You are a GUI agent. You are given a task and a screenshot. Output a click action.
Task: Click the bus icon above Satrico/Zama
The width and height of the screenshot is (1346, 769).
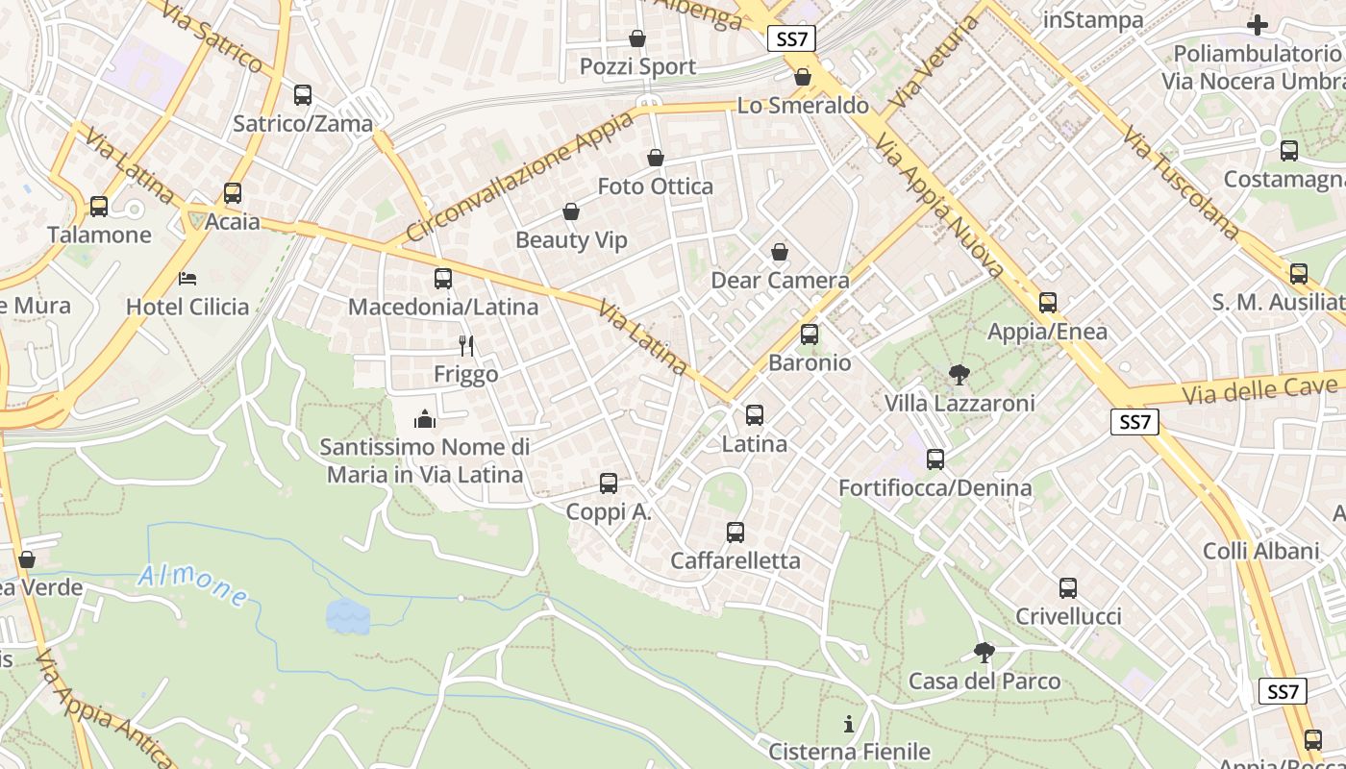tap(303, 95)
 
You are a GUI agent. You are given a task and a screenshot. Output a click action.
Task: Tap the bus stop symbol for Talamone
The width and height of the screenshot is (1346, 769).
tap(98, 207)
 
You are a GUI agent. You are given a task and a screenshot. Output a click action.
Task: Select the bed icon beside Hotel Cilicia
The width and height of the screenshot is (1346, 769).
tap(187, 279)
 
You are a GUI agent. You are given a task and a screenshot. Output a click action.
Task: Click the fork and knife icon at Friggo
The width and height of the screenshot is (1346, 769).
tap(466, 346)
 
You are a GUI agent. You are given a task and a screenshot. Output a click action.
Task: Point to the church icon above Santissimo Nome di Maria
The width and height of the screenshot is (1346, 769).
tap(424, 419)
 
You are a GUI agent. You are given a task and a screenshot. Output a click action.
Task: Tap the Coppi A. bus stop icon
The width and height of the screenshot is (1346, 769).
tap(609, 484)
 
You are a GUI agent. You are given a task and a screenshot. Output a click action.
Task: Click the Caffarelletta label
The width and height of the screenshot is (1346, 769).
tap(735, 560)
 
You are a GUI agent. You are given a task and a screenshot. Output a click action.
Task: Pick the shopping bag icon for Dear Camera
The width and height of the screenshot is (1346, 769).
tap(780, 252)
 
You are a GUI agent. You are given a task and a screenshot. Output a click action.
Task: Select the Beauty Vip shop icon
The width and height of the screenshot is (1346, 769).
tap(571, 211)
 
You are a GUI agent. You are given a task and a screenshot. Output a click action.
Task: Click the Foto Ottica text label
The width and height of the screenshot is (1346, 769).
tap(656, 186)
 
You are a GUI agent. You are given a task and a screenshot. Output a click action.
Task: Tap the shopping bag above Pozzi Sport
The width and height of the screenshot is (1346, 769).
tap(636, 38)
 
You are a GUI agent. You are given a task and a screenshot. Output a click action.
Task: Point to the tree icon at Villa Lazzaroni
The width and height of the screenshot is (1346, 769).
tap(959, 375)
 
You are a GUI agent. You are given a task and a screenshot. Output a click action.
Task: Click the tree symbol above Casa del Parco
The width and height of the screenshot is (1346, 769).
tap(984, 653)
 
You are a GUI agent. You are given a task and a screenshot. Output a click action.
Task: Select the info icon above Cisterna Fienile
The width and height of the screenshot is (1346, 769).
tap(849, 724)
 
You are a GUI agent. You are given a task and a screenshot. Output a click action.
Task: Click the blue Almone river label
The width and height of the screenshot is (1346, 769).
tap(192, 584)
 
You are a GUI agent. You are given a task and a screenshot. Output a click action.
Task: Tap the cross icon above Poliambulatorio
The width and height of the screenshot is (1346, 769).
tap(1257, 25)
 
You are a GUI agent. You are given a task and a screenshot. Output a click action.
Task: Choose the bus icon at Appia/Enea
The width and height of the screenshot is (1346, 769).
tap(1048, 303)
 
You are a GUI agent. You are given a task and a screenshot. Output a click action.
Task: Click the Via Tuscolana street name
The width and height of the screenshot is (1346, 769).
tap(1181, 182)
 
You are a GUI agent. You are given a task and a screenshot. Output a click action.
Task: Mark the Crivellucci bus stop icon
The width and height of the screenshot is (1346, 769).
tap(1068, 588)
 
